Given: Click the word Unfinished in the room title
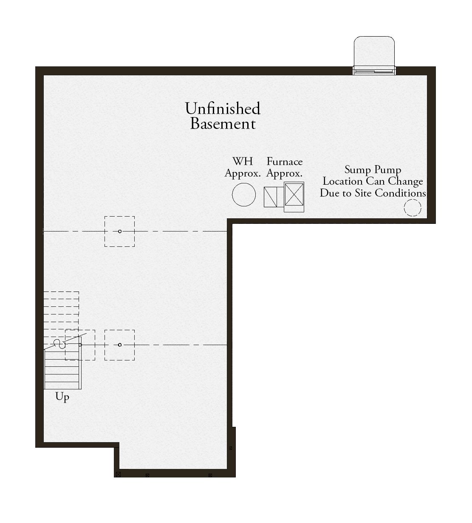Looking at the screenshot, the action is pyautogui.click(x=223, y=109).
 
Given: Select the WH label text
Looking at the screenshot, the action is pyautogui.click(x=243, y=161).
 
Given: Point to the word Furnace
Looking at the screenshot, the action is pyautogui.click(x=285, y=162).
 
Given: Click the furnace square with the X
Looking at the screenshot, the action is pyautogui.click(x=294, y=194).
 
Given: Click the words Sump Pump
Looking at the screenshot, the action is pyautogui.click(x=373, y=170).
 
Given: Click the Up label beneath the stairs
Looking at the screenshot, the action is pyautogui.click(x=62, y=397).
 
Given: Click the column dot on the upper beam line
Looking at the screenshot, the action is pyautogui.click(x=120, y=231).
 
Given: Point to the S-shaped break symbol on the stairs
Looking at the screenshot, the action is pyautogui.click(x=59, y=344).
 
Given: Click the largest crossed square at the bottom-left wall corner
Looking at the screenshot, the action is pyautogui.click(x=118, y=474).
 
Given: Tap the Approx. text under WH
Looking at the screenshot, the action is pyautogui.click(x=243, y=173).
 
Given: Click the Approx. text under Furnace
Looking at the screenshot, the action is pyautogui.click(x=284, y=173).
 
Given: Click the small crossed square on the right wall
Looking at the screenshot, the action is pyautogui.click(x=231, y=448).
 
